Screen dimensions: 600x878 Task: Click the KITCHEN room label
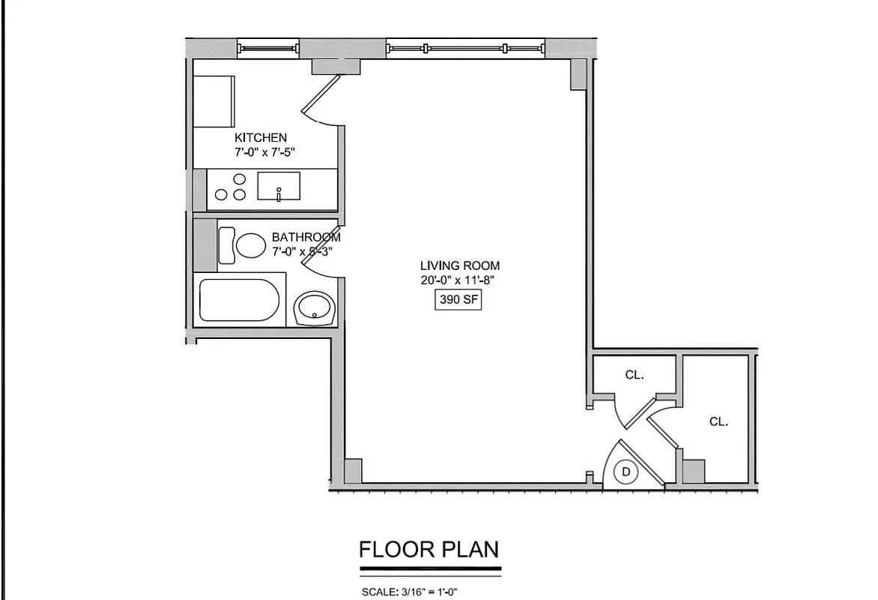pos(261,137)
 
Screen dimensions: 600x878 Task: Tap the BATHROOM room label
pos(306,237)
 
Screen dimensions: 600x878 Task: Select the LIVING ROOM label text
pos(459,265)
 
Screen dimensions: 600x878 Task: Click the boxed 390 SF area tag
pos(459,300)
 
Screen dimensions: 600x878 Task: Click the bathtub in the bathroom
pos(240,301)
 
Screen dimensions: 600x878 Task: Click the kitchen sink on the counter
pos(279,186)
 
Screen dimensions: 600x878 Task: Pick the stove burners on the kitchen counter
pos(231,187)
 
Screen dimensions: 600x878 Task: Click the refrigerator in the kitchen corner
pos(214,100)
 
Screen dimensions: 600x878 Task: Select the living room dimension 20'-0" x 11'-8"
pos(459,280)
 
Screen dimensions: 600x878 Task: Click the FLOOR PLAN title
pos(429,550)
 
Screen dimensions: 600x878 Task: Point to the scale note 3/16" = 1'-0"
pos(410,592)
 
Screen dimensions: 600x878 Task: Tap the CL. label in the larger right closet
pos(718,421)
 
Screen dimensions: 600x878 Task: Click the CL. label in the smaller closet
pos(635,375)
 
